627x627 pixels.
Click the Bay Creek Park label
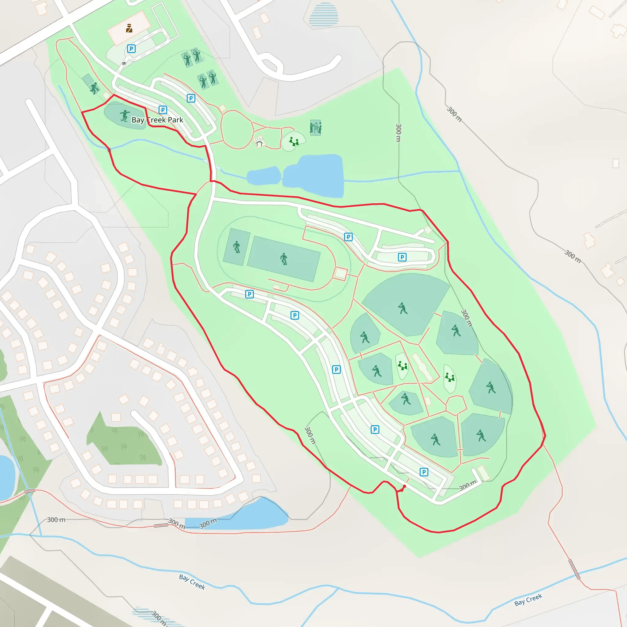[x=157, y=120]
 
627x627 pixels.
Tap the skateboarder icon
[x=124, y=115]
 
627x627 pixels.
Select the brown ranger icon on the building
[x=129, y=28]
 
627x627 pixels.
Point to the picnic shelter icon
[x=259, y=142]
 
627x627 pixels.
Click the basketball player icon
[x=94, y=88]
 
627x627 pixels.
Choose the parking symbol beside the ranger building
[x=131, y=49]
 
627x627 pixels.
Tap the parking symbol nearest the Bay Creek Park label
[x=163, y=110]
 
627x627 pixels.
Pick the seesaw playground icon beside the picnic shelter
[x=294, y=141]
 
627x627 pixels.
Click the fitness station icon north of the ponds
[x=315, y=128]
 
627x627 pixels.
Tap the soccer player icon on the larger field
[x=284, y=259]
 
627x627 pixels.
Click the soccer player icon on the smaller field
[x=237, y=247]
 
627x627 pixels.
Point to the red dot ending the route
[x=404, y=486]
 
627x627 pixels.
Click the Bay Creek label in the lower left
[x=192, y=582]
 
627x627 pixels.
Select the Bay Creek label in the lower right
[x=528, y=600]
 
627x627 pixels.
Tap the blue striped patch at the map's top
[x=324, y=15]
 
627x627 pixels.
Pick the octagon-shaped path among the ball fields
[x=456, y=405]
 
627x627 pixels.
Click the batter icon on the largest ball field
[x=403, y=308]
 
